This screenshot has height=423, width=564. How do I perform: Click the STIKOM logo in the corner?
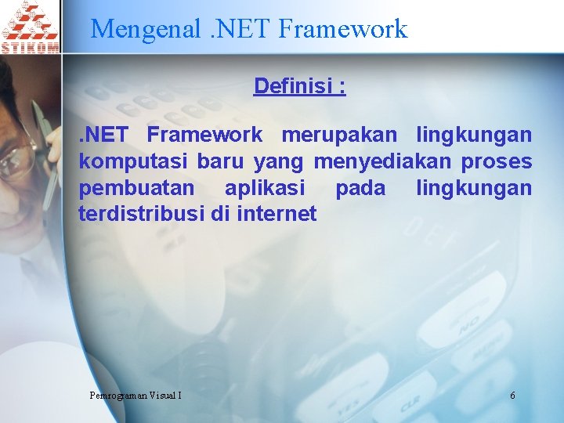tap(30, 27)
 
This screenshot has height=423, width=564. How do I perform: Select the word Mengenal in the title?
tap(146, 29)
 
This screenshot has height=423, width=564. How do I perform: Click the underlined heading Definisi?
tap(299, 85)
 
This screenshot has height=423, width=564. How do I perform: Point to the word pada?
tap(360, 188)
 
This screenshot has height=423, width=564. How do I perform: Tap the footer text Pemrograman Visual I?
tap(136, 395)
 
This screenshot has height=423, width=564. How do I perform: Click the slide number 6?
tap(512, 395)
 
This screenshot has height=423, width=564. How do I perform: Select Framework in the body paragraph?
tap(204, 135)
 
